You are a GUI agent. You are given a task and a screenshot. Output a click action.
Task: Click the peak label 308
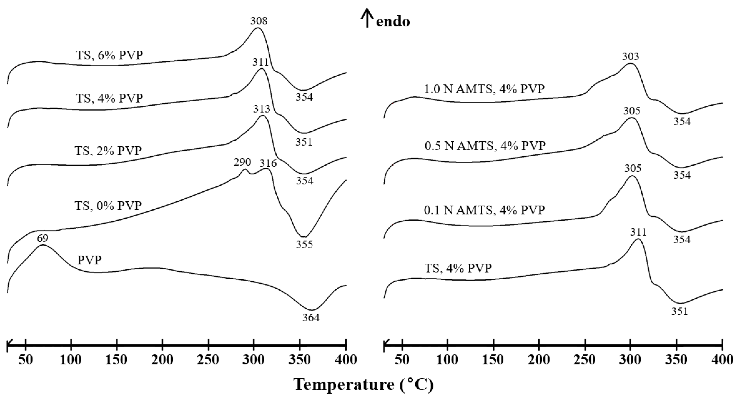coord(259,21)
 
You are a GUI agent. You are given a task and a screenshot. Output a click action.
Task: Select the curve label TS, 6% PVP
coord(109,55)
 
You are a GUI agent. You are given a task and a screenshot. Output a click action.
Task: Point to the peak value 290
coord(242,162)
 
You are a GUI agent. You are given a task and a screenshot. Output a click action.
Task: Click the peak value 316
coord(268,163)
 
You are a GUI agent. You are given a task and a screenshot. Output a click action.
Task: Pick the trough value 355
coord(304,244)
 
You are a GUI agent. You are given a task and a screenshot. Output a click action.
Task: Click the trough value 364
coord(311,318)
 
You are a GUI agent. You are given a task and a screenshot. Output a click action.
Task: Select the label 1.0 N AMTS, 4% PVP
coord(484,89)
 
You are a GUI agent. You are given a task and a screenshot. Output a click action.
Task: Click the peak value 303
coord(631,57)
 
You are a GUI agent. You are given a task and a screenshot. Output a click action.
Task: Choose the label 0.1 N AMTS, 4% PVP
coord(484,210)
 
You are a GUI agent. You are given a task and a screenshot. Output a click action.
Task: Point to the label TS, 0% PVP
coord(108,205)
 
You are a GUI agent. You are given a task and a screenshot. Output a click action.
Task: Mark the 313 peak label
coord(261,109)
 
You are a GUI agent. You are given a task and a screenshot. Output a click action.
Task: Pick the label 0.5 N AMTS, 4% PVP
coord(485,146)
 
